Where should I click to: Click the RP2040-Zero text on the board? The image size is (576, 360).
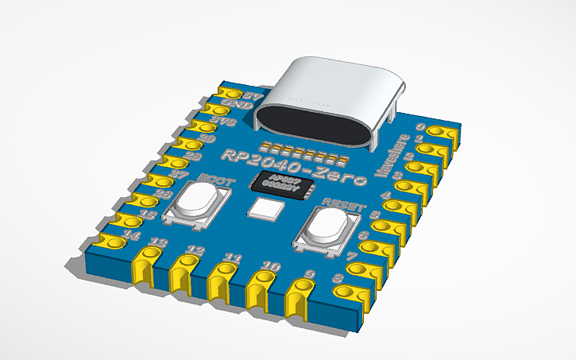(x=291, y=164)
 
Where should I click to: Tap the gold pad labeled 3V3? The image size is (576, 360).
(x=203, y=124)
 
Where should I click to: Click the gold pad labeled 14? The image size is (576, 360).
(x=112, y=242)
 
